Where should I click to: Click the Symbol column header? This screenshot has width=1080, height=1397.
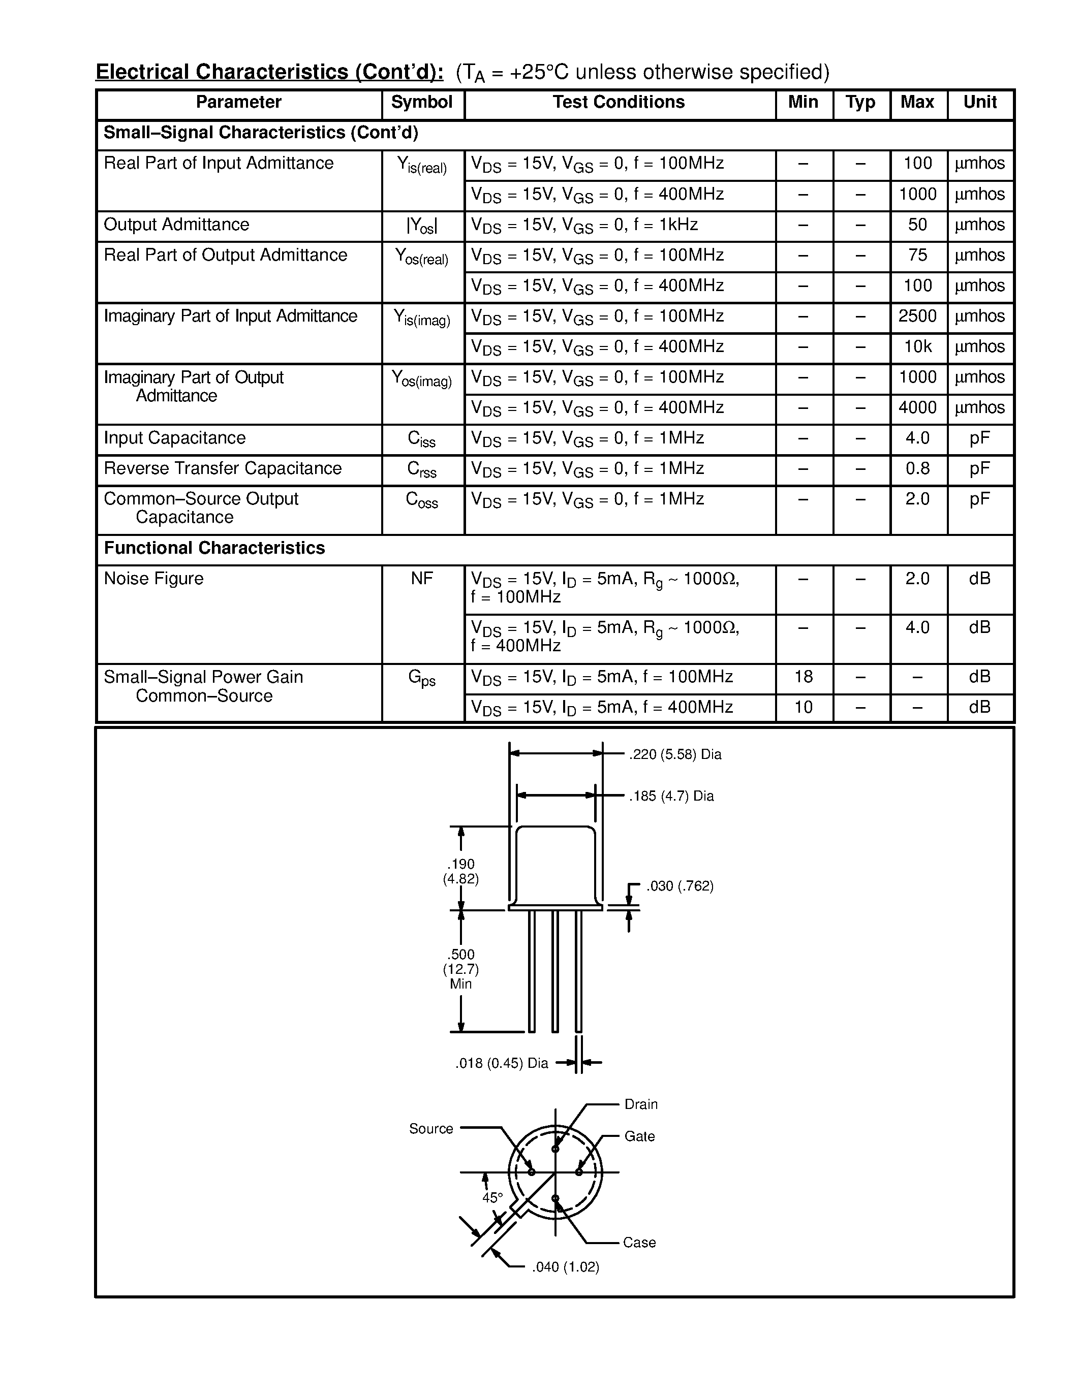pos(422,102)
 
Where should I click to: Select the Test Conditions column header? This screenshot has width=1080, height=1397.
pos(619,102)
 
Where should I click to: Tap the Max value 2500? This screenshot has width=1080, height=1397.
pos(917,316)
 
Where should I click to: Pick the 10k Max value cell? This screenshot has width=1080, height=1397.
pos(917,346)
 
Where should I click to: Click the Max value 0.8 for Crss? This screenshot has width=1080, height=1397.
pos(917,469)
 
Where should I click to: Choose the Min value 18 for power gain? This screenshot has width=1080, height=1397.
pos(804,677)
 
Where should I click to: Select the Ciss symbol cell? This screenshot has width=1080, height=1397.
pos(422,439)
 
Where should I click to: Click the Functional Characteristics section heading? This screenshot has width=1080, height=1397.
pos(214,548)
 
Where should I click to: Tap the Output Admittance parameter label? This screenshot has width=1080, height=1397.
pos(176,225)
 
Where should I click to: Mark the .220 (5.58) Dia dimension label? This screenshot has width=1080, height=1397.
pos(675,755)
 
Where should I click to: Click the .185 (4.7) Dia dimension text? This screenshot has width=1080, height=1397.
pos(671,797)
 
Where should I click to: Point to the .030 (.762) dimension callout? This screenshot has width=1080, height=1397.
pos(680,886)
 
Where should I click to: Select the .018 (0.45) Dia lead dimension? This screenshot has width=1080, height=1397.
pos(502,1063)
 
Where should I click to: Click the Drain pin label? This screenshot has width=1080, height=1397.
pos(641,1104)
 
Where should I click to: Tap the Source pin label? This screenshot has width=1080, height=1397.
pos(430,1129)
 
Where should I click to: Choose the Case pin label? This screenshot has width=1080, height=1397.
pos(639,1242)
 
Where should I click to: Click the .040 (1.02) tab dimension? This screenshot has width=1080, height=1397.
pos(566,1267)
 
